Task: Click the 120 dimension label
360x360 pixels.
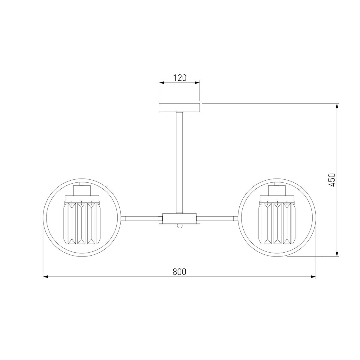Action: pos(180,78)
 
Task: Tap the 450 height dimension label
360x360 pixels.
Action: pos(332,180)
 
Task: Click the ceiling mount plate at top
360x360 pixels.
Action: pos(180,108)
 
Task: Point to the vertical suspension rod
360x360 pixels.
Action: pos(179,163)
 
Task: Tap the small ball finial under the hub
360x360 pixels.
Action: pos(179,226)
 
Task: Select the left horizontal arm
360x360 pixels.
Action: pos(142,218)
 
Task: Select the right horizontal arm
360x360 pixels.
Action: pos(217,218)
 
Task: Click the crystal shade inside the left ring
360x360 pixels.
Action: pos(82,223)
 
